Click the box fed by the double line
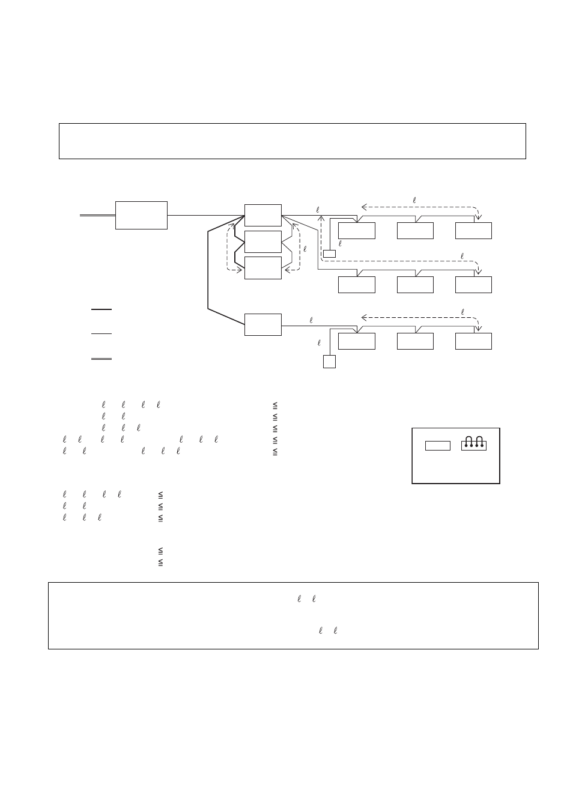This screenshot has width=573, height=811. click(x=141, y=215)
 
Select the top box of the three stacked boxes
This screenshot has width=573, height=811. click(x=263, y=215)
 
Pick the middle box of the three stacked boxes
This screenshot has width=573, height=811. click(x=263, y=241)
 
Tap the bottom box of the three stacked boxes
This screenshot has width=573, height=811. click(x=263, y=268)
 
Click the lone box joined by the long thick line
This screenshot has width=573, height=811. click(x=263, y=324)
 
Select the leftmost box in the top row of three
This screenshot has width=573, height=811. click(x=357, y=231)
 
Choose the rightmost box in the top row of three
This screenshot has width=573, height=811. click(x=473, y=231)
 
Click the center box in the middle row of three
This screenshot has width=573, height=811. click(x=415, y=285)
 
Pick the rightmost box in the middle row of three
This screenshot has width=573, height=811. click(x=473, y=285)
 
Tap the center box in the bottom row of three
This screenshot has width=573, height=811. click(x=415, y=341)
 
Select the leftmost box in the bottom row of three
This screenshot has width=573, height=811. click(x=357, y=341)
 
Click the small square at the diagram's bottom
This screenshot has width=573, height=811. click(x=329, y=362)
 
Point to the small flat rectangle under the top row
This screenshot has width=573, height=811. click(x=329, y=254)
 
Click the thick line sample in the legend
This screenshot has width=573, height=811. click(x=102, y=309)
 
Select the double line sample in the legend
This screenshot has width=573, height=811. click(x=102, y=359)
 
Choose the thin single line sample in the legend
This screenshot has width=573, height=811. click(x=102, y=333)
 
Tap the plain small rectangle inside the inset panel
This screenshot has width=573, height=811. click(x=438, y=446)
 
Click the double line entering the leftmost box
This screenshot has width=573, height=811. click(x=98, y=216)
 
